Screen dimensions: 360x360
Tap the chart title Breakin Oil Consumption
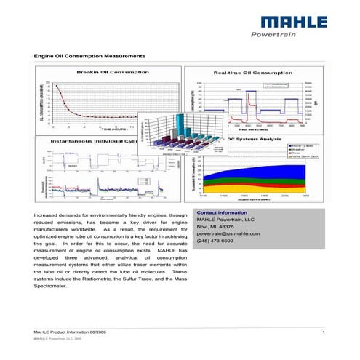click(x=109, y=72)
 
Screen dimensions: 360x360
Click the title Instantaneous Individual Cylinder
click(x=89, y=140)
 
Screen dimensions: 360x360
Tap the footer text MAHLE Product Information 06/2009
click(x=68, y=332)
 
